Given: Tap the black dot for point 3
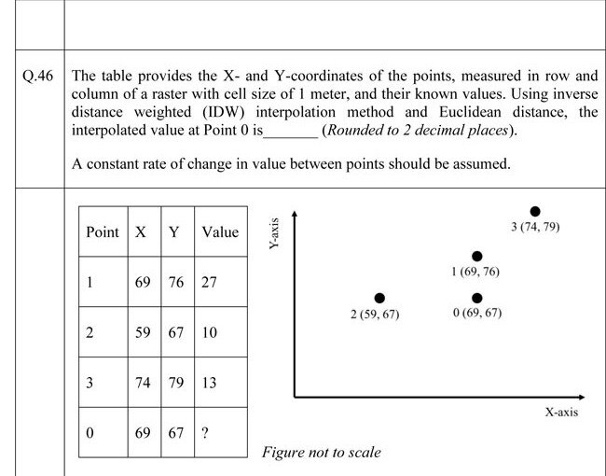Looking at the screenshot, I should pos(535,211).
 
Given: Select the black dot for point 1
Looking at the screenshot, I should pos(476,256).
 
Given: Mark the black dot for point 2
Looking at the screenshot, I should pos(379,298).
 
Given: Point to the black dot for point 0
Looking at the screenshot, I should pos(476,298).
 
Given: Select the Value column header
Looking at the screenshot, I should pos(220,231).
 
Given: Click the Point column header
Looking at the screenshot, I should pos(103,231).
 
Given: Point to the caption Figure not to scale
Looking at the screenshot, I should pos(322,453).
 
